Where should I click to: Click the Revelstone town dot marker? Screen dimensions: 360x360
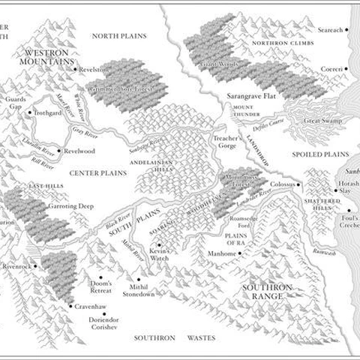[x=76, y=69]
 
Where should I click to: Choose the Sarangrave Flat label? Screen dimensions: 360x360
[x=253, y=97]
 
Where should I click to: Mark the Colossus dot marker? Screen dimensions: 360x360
[x=298, y=184]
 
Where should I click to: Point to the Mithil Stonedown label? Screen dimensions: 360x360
[x=138, y=289]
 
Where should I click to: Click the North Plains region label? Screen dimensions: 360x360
[x=118, y=36]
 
